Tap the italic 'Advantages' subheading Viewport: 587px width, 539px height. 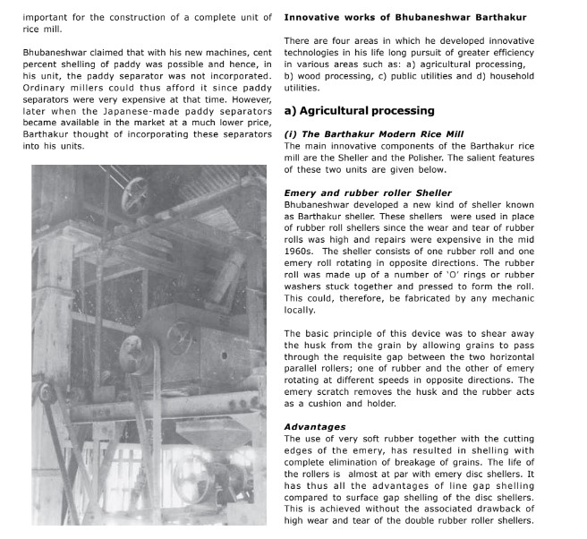pos(314,427)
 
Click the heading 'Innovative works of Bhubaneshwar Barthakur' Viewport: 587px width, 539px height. pos(404,18)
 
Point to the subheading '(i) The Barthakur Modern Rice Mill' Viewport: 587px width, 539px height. pos(374,134)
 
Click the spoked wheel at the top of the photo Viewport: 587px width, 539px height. pos(136,190)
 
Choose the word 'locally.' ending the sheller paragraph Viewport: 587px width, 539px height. pos(302,310)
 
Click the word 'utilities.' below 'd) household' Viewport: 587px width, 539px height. pos(302,88)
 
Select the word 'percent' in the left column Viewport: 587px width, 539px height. pos(38,66)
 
